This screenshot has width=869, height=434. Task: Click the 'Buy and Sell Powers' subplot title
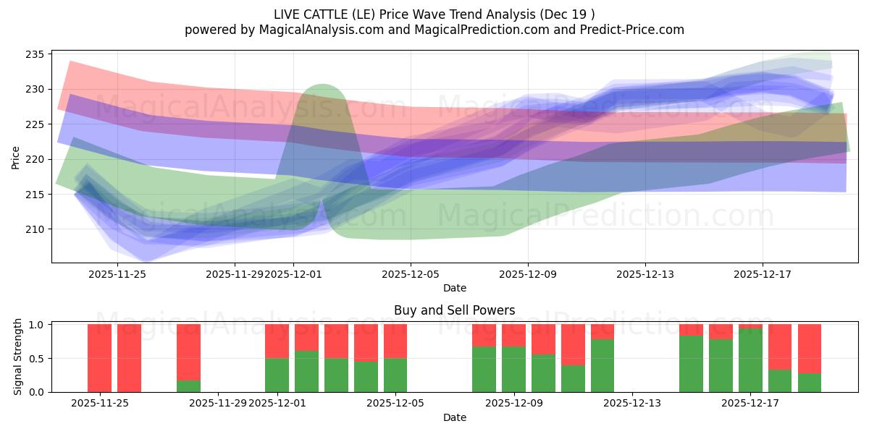tap(454, 310)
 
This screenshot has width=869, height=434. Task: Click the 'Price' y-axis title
tap(17, 157)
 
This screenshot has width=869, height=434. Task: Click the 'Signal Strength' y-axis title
tap(19, 358)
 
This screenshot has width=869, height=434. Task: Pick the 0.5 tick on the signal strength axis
tap(37, 359)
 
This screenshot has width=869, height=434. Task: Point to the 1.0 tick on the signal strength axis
tap(37, 325)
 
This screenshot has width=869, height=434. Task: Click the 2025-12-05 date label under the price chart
tap(411, 274)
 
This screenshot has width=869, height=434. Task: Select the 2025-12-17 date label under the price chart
tap(763, 274)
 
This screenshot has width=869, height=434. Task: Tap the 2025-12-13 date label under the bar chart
tap(632, 403)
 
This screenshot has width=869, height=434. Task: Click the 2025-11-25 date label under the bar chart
tap(100, 403)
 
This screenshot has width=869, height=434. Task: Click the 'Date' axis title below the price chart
tap(454, 288)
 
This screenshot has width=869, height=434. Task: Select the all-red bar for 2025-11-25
tap(100, 358)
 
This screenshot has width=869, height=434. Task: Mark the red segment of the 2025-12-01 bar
tap(277, 341)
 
